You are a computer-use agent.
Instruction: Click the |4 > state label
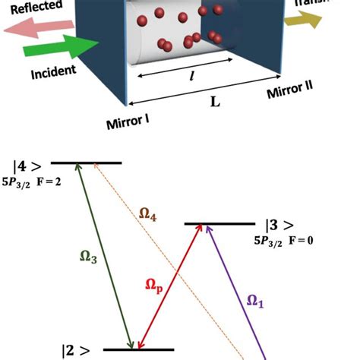point(29,166)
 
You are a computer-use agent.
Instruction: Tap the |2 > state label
point(78,351)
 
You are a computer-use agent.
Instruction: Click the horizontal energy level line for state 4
point(87,163)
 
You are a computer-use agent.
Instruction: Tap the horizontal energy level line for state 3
point(219,224)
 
